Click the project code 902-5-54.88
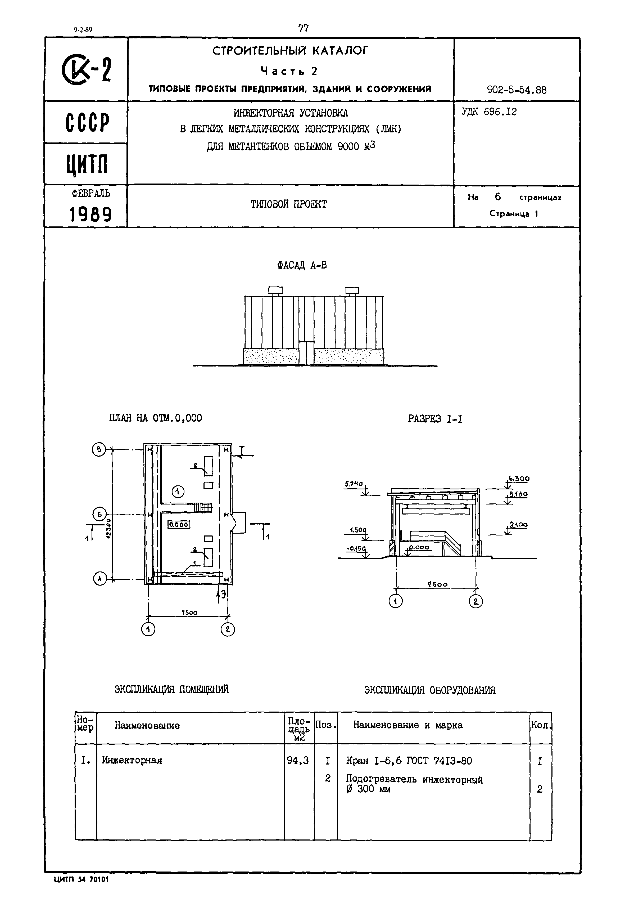point(517,90)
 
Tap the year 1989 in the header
point(90,215)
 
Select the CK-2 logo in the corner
point(86,70)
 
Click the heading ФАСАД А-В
point(302,265)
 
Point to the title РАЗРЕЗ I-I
point(435,419)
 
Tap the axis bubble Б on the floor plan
point(99,514)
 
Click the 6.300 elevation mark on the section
point(519,479)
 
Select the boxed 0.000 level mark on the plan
point(179,524)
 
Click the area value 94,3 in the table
point(298,760)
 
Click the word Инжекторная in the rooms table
point(132,760)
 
